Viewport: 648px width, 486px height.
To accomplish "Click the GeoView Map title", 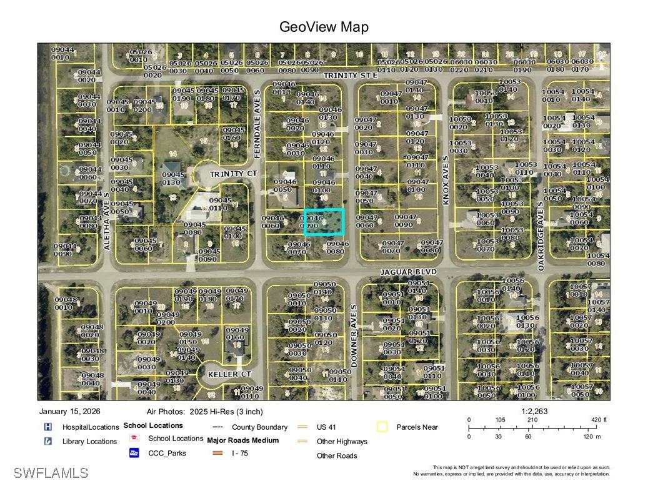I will click(x=324, y=27).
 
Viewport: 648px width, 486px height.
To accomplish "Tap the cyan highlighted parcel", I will click(x=324, y=222).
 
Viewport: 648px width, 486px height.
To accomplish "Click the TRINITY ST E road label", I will click(x=351, y=75).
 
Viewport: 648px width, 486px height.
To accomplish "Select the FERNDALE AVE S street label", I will click(x=257, y=114).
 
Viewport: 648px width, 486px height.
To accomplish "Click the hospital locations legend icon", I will click(x=47, y=427).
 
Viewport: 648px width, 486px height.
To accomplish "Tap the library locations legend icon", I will click(x=47, y=441).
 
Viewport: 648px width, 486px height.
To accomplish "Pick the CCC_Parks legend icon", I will click(x=134, y=453).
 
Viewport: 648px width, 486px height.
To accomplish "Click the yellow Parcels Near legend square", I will click(x=382, y=427).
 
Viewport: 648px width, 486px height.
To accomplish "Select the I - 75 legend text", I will click(x=240, y=453).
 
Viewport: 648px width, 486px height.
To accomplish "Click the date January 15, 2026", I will click(x=69, y=412).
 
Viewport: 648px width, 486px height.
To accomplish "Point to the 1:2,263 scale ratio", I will click(x=534, y=412).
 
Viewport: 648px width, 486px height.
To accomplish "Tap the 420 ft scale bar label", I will click(x=599, y=420).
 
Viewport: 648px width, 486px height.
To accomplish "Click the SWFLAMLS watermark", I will click(x=51, y=473).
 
